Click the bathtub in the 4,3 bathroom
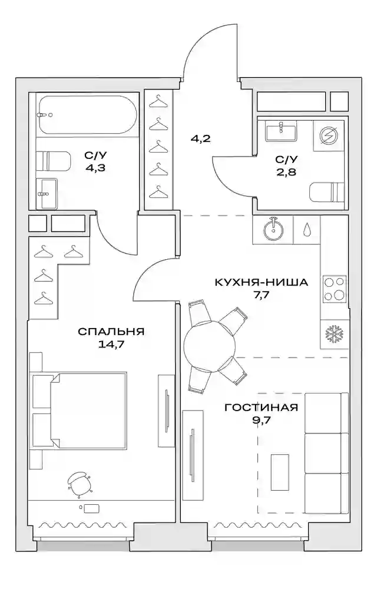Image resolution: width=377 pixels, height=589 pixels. click(x=84, y=115)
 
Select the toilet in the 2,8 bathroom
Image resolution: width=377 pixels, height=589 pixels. click(x=327, y=193)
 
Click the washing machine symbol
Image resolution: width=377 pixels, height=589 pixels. click(x=329, y=135)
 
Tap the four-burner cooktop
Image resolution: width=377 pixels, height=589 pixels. click(x=335, y=288)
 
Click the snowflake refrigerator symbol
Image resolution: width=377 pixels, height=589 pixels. click(x=334, y=334)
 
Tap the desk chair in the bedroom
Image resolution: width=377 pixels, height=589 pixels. click(x=80, y=485)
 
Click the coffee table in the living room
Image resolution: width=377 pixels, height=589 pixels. click(x=280, y=472)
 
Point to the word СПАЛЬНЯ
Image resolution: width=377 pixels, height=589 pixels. click(x=111, y=332)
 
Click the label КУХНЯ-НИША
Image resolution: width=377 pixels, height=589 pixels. click(x=262, y=282)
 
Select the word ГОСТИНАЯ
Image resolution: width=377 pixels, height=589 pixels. click(x=262, y=407)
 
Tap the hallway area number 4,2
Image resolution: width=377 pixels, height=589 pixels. click(x=200, y=138)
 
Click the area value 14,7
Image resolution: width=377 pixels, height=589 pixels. click(x=111, y=345)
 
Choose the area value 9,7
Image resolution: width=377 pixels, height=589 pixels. click(x=262, y=420)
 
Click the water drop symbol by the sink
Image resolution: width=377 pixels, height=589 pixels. click(x=307, y=230)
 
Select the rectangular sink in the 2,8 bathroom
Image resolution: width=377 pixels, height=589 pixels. click(x=281, y=131)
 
